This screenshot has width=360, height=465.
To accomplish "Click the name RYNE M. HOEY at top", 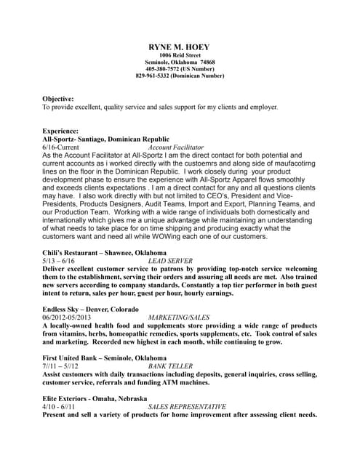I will tap(180, 46).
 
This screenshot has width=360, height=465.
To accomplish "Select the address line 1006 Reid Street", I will tap(180, 55).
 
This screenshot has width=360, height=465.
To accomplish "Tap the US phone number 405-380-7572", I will tap(180, 69).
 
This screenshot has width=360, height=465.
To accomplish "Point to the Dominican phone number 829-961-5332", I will tap(180, 76).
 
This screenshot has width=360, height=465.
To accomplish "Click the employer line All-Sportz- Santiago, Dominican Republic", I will tap(105, 139).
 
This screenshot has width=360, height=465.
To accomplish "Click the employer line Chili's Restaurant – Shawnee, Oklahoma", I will tap(104, 252).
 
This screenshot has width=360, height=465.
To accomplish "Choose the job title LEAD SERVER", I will tap(170, 260).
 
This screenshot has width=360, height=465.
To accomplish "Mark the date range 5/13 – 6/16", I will tap(58, 260).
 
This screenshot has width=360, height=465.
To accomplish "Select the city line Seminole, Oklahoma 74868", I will tap(180, 62).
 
